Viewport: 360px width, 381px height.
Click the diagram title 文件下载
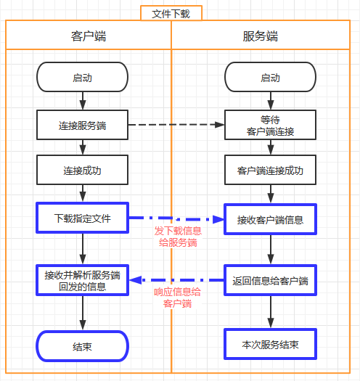171,13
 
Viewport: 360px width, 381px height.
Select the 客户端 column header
89,36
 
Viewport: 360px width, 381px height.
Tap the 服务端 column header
261,36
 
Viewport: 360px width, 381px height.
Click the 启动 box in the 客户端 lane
82,78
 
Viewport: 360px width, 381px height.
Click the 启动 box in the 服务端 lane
270,78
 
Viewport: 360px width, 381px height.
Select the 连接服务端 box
82,125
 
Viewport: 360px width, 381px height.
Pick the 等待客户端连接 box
270,125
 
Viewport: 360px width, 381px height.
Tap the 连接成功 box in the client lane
82,171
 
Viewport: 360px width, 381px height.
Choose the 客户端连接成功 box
270,171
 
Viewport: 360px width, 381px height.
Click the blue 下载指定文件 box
82,218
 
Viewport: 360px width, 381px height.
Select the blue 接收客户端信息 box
270,218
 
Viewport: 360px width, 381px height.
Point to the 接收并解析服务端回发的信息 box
82,280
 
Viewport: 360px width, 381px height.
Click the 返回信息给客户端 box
270,280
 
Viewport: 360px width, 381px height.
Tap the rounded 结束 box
82,346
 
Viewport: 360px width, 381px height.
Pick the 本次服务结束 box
270,343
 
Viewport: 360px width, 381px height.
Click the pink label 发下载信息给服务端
176,237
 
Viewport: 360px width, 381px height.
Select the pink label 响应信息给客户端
177,298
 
